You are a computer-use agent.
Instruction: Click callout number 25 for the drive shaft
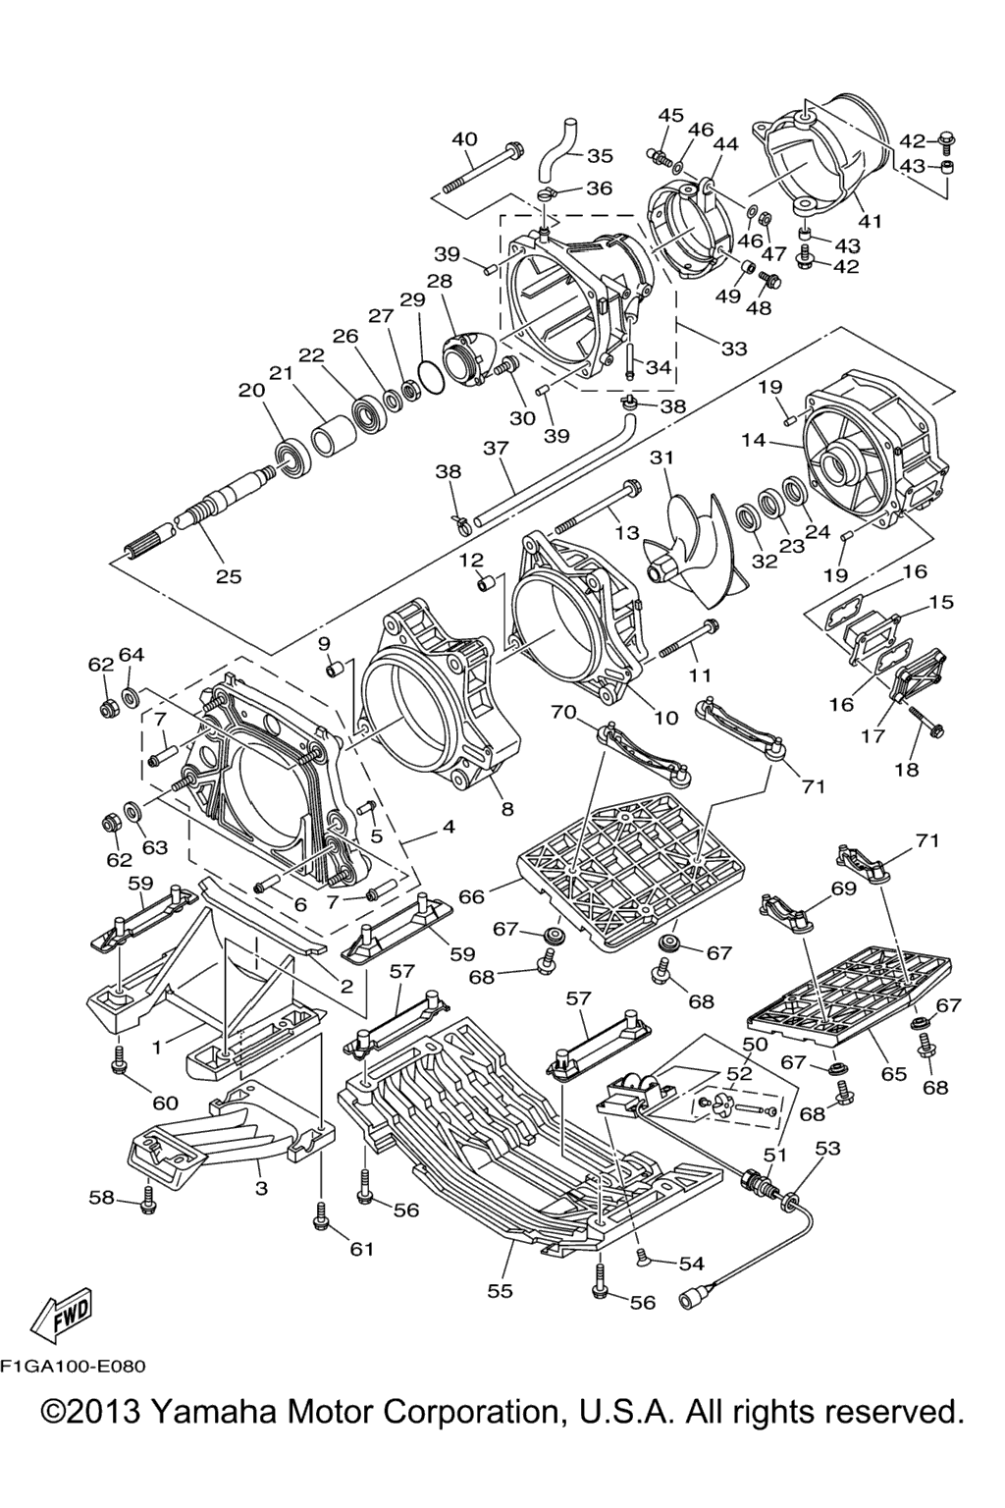point(229,576)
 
